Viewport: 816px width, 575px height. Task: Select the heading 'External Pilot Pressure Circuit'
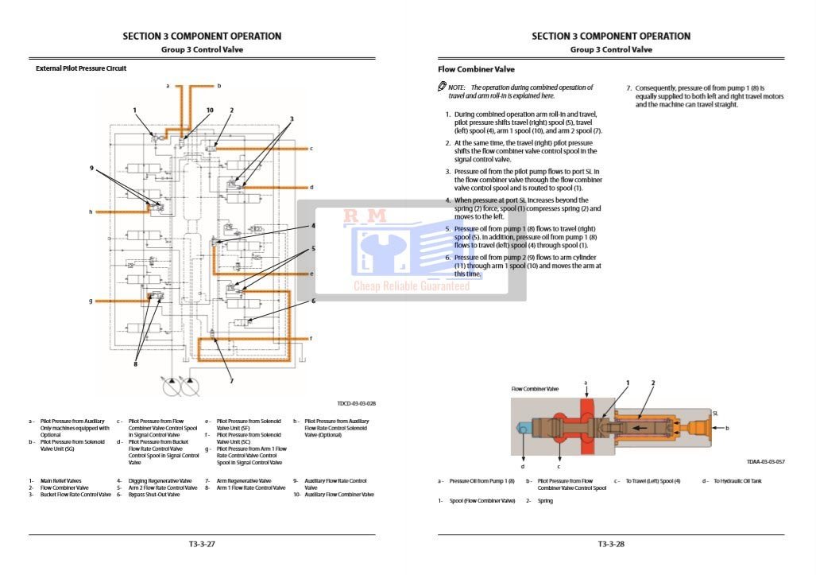tap(81, 68)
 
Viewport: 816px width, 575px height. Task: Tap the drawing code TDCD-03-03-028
tap(356, 403)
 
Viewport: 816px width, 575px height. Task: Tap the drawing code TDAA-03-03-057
tap(765, 461)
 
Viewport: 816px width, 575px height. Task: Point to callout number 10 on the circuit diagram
tap(210, 111)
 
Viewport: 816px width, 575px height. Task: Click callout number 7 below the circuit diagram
tap(231, 380)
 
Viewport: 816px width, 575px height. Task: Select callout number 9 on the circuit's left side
tap(92, 168)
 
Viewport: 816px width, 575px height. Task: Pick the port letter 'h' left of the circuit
tap(91, 212)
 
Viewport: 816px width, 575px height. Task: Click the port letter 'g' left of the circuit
tap(91, 301)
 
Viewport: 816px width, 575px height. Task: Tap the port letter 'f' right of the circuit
tap(311, 338)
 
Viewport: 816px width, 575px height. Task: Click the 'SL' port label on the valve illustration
tap(715, 413)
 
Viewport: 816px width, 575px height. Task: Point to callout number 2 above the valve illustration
tap(653, 383)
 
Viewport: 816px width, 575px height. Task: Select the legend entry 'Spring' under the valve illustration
tap(545, 501)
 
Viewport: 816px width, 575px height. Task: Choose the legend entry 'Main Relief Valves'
tap(60, 480)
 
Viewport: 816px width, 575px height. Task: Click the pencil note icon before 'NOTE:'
tap(442, 87)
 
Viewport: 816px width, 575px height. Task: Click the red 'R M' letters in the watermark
tap(365, 216)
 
